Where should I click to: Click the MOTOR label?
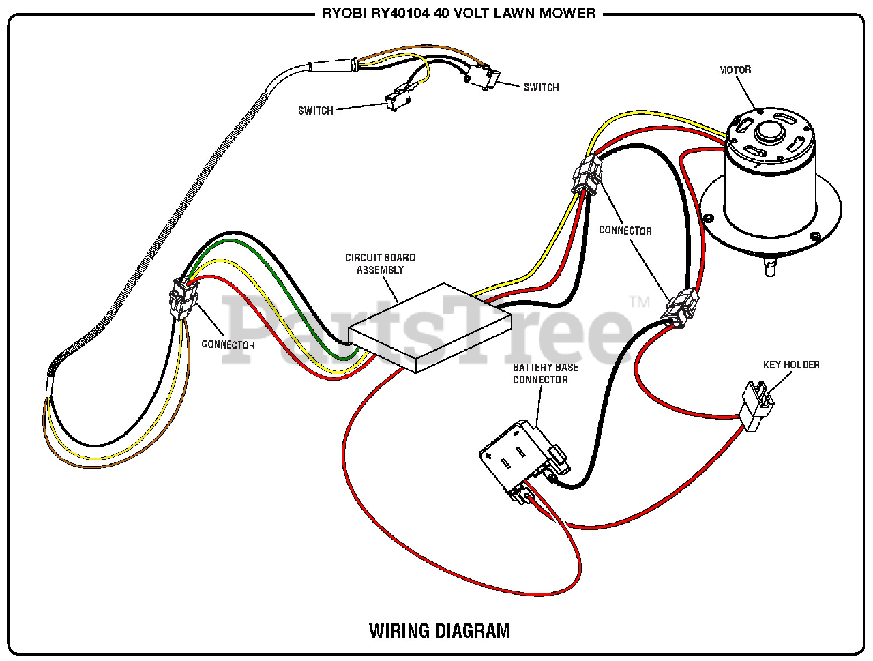(x=735, y=70)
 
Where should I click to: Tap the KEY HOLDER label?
(x=791, y=365)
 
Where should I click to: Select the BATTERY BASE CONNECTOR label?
(x=545, y=373)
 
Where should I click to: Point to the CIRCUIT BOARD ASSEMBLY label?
(x=380, y=263)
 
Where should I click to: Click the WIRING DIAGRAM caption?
(x=439, y=630)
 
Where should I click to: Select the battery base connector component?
(x=522, y=457)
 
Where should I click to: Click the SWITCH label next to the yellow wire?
(x=315, y=111)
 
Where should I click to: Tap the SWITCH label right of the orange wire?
(x=541, y=87)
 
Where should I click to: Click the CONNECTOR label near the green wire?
(x=228, y=344)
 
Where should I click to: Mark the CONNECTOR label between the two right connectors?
(x=625, y=231)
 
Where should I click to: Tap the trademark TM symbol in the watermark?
(x=639, y=302)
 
